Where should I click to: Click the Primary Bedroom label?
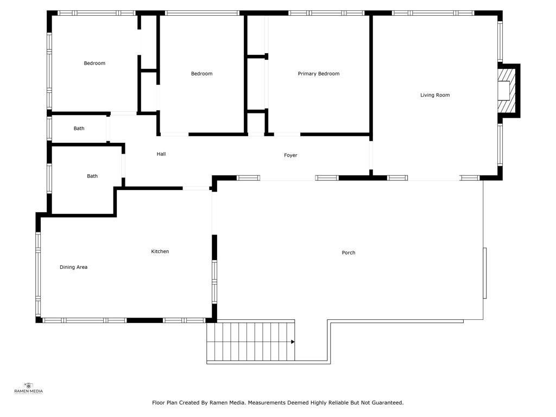pyautogui.click(x=318, y=74)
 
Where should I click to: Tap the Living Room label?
pyautogui.click(x=435, y=95)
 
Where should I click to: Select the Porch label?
pyautogui.click(x=348, y=252)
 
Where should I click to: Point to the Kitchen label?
pyautogui.click(x=160, y=251)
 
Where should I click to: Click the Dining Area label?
pyautogui.click(x=73, y=267)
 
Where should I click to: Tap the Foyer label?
pyautogui.click(x=290, y=155)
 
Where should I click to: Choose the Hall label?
pyautogui.click(x=161, y=154)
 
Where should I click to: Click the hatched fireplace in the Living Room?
pyautogui.click(x=507, y=91)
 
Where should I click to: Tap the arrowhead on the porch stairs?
pyautogui.click(x=293, y=342)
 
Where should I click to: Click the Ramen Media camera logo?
pyautogui.click(x=28, y=386)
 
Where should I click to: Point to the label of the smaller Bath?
pyautogui.click(x=79, y=128)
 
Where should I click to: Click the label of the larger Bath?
pyautogui.click(x=92, y=176)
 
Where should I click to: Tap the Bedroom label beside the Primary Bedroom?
pyautogui.click(x=202, y=74)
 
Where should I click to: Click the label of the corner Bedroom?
pyautogui.click(x=94, y=63)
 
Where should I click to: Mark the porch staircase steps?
pyautogui.click(x=251, y=342)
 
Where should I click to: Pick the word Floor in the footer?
pyautogui.click(x=159, y=403)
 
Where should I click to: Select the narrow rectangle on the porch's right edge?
pyautogui.click(x=485, y=273)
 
